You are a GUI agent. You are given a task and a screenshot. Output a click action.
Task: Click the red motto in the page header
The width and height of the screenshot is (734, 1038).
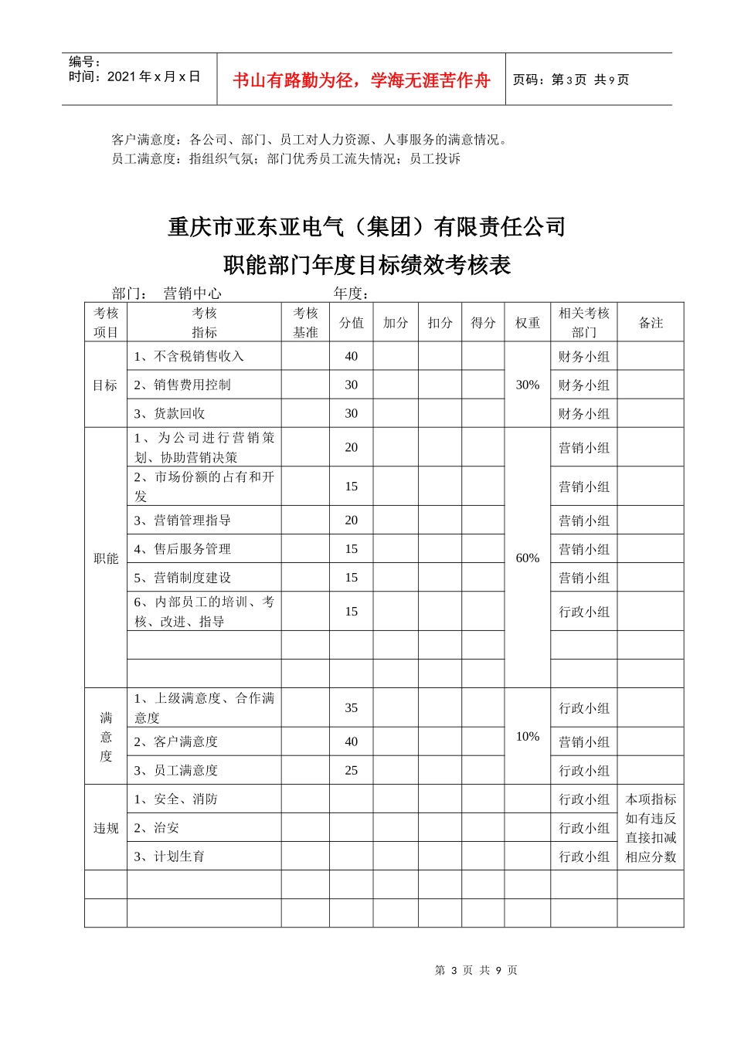click(x=361, y=80)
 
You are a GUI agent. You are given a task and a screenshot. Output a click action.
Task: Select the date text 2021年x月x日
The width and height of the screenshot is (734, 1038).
click(x=154, y=76)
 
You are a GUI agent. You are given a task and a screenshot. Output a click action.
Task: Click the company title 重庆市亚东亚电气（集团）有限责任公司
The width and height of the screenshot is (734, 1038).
click(x=367, y=227)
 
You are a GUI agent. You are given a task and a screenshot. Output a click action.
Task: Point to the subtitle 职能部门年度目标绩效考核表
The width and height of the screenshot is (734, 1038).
click(x=367, y=265)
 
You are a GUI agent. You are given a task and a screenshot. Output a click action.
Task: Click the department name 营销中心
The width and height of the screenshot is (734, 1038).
click(x=192, y=293)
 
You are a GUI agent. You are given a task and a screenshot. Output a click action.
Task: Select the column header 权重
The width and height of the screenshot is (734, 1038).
click(x=528, y=323)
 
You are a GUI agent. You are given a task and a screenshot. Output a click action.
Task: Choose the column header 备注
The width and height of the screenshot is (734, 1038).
click(x=651, y=323)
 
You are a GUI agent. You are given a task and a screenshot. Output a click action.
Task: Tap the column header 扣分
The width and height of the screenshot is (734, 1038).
click(x=440, y=323)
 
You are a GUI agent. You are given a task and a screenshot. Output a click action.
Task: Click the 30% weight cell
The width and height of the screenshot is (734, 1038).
click(x=528, y=385)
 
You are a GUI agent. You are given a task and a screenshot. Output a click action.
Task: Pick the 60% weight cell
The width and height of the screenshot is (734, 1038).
click(x=528, y=558)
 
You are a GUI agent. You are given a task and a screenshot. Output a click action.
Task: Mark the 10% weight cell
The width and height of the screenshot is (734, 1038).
click(x=528, y=736)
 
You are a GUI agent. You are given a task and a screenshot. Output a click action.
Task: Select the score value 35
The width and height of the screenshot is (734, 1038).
click(x=352, y=707)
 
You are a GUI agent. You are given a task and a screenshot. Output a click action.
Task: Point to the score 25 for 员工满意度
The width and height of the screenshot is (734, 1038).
click(x=352, y=770)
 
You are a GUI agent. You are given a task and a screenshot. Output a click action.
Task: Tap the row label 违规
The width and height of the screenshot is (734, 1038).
click(x=106, y=828)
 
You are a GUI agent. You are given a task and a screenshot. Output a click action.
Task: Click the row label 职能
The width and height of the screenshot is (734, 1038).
click(x=106, y=558)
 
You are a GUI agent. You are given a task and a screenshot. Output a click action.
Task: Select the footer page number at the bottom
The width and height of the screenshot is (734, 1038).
click(x=476, y=970)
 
